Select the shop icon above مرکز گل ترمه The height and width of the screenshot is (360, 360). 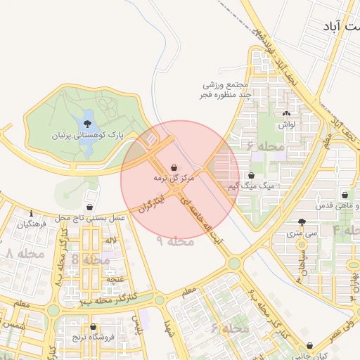point(173,168)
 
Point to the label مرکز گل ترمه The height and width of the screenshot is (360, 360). point(173,179)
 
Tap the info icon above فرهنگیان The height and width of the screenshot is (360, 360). point(31,213)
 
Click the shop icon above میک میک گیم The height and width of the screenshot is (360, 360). point(251,176)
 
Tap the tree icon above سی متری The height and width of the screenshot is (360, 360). point(302,221)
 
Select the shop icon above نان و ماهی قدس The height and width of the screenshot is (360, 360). point(345,195)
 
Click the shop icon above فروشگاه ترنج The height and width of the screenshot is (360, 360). point(94,327)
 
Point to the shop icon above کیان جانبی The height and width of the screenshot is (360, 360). point(311,346)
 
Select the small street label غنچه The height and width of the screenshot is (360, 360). point(111,279)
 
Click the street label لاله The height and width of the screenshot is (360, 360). point(110,241)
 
